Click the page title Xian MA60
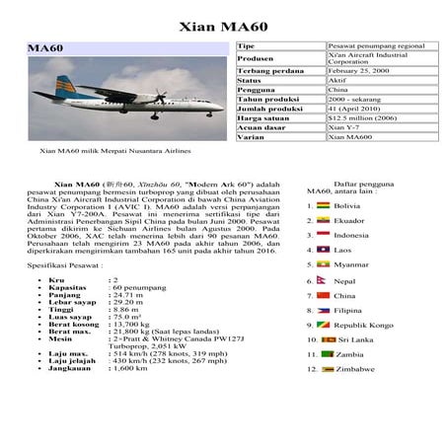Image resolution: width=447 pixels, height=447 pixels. [223, 23]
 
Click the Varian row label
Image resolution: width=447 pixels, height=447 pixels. [253, 139]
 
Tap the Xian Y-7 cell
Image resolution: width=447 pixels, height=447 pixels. [343, 128]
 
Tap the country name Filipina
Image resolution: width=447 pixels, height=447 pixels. [351, 310]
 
